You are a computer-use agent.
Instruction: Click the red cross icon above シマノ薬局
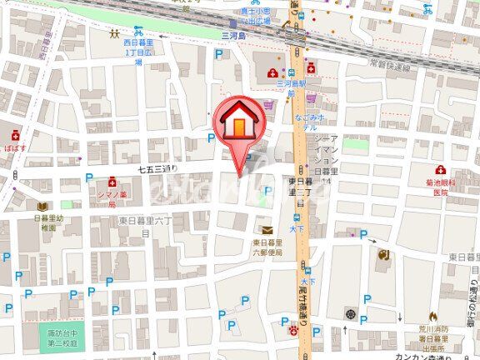point(112,182)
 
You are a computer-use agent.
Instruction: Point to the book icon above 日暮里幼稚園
point(42,205)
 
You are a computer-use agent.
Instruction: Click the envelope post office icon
point(266,230)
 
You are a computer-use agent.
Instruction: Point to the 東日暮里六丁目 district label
point(146,225)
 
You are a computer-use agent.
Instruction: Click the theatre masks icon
point(382,254)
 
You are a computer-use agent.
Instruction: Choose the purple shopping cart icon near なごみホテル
point(268,105)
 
